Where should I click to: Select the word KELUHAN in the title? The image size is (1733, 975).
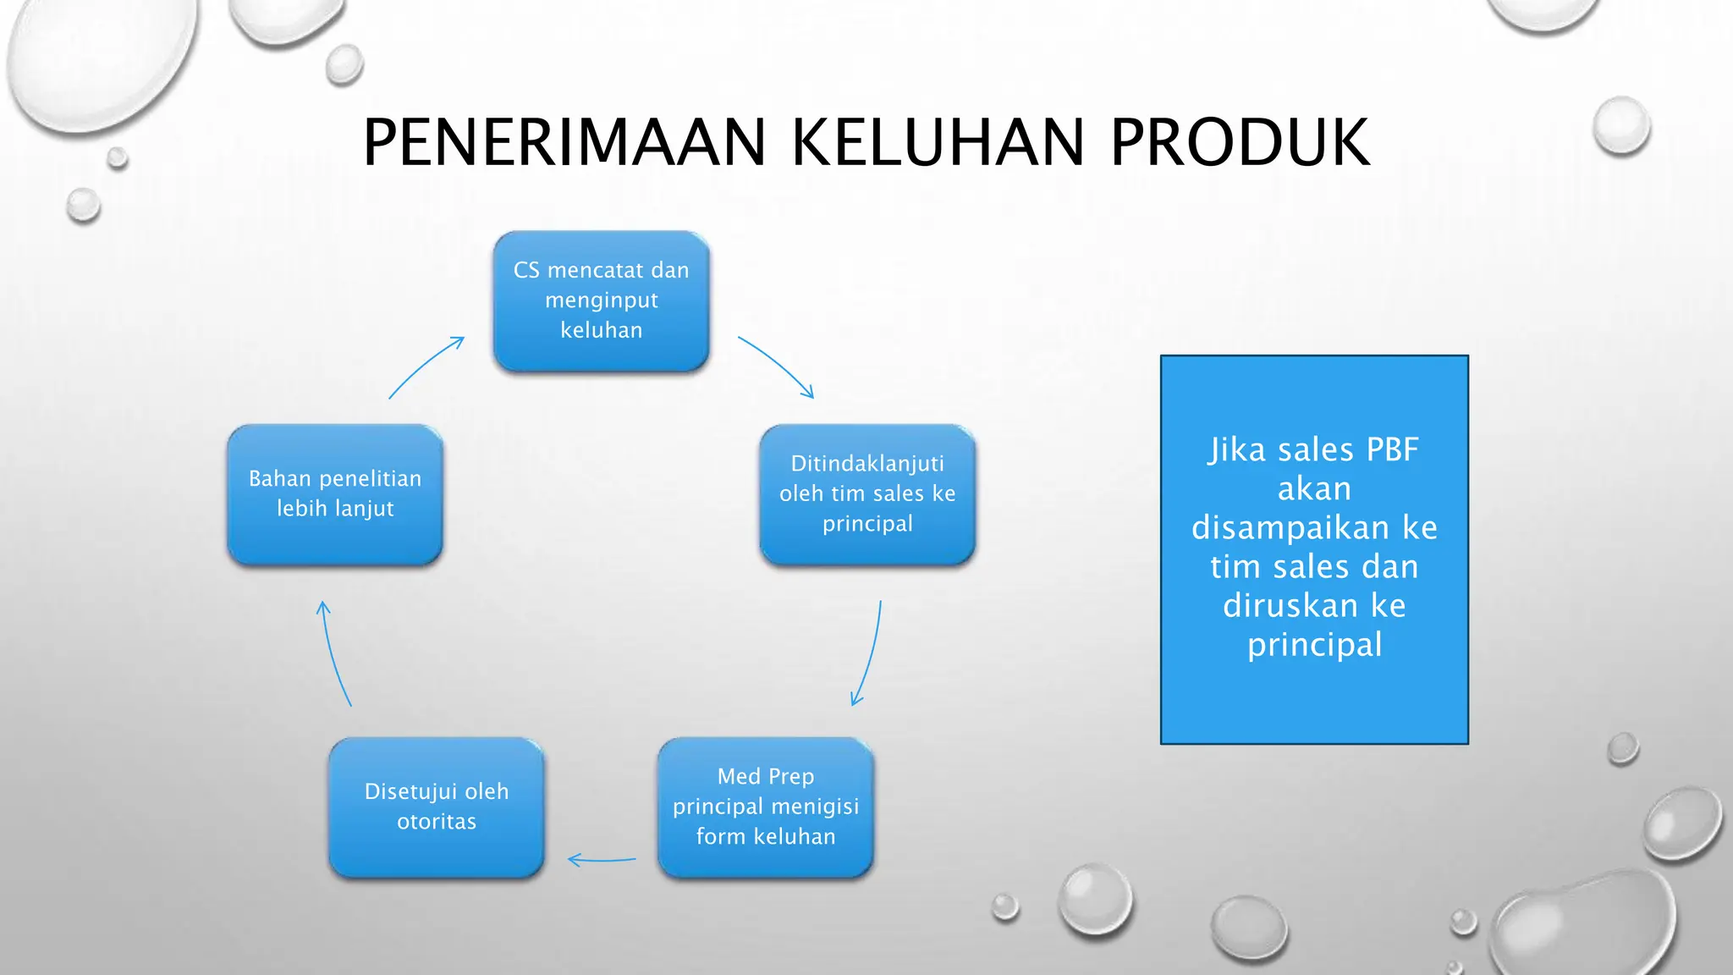click(x=938, y=143)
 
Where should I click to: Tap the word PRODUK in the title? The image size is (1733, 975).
click(x=1240, y=143)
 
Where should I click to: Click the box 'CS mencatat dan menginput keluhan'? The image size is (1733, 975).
click(x=601, y=300)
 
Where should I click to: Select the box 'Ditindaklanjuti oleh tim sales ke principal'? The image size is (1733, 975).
click(x=867, y=494)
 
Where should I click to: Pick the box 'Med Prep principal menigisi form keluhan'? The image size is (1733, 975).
click(x=765, y=807)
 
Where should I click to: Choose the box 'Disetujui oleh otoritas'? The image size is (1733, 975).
click(x=437, y=807)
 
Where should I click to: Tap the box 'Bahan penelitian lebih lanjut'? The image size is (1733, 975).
click(x=335, y=494)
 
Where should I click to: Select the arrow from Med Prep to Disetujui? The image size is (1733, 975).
click(x=602, y=861)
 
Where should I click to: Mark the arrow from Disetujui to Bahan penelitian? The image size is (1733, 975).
click(x=334, y=653)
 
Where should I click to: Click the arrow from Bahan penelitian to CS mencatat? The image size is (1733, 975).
click(x=426, y=366)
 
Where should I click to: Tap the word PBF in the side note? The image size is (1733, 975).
click(x=1392, y=450)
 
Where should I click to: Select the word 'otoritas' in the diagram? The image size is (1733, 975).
click(x=437, y=822)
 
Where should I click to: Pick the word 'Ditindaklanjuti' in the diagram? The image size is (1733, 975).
click(x=867, y=464)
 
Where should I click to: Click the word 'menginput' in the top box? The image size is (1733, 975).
click(x=601, y=300)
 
